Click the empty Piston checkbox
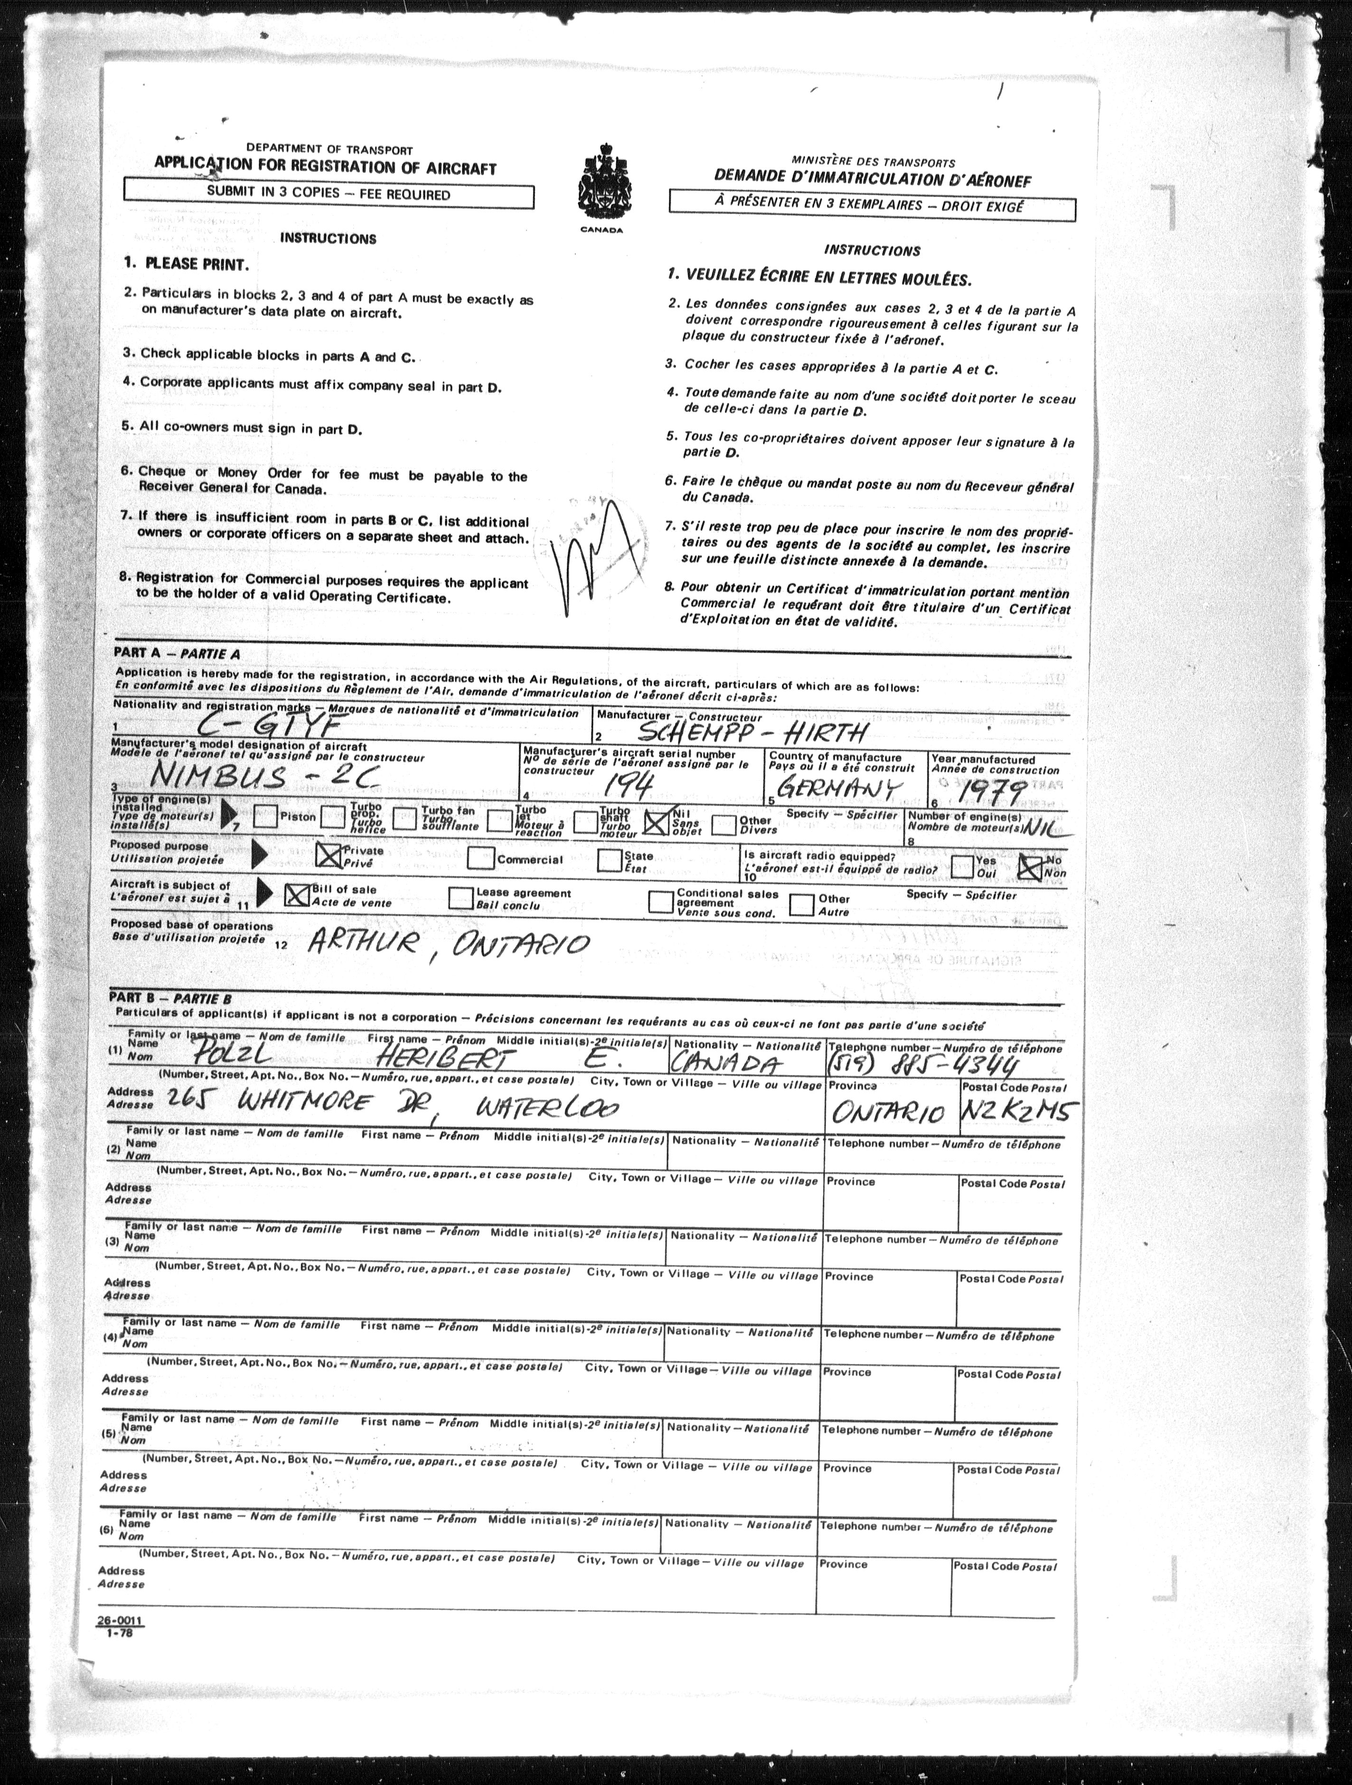(265, 817)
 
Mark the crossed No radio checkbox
(1030, 867)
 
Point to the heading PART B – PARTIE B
(170, 999)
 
